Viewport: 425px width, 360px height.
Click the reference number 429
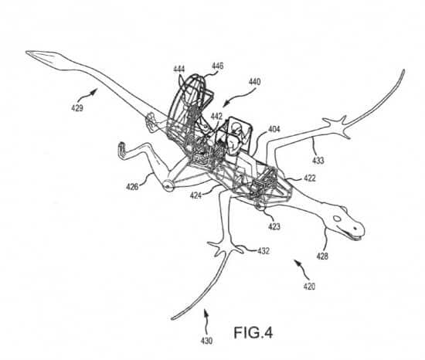(77, 108)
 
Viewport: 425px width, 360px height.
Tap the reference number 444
(179, 70)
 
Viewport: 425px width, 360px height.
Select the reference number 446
(217, 66)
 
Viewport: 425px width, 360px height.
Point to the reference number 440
(254, 82)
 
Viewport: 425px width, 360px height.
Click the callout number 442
(216, 117)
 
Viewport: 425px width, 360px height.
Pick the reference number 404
(274, 129)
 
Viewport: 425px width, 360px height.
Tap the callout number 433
(318, 161)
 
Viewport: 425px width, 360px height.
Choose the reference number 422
(310, 178)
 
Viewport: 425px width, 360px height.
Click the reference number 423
(274, 226)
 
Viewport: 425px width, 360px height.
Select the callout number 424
(195, 195)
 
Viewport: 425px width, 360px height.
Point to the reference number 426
(132, 187)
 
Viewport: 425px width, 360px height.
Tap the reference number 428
(322, 256)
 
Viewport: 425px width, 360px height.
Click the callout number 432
(263, 251)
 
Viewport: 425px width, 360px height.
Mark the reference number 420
(309, 287)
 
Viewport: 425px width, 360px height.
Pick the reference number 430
(206, 341)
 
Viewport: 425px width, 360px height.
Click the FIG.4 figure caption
(253, 333)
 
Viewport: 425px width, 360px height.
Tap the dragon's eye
(337, 219)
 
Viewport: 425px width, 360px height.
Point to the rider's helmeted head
(235, 127)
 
